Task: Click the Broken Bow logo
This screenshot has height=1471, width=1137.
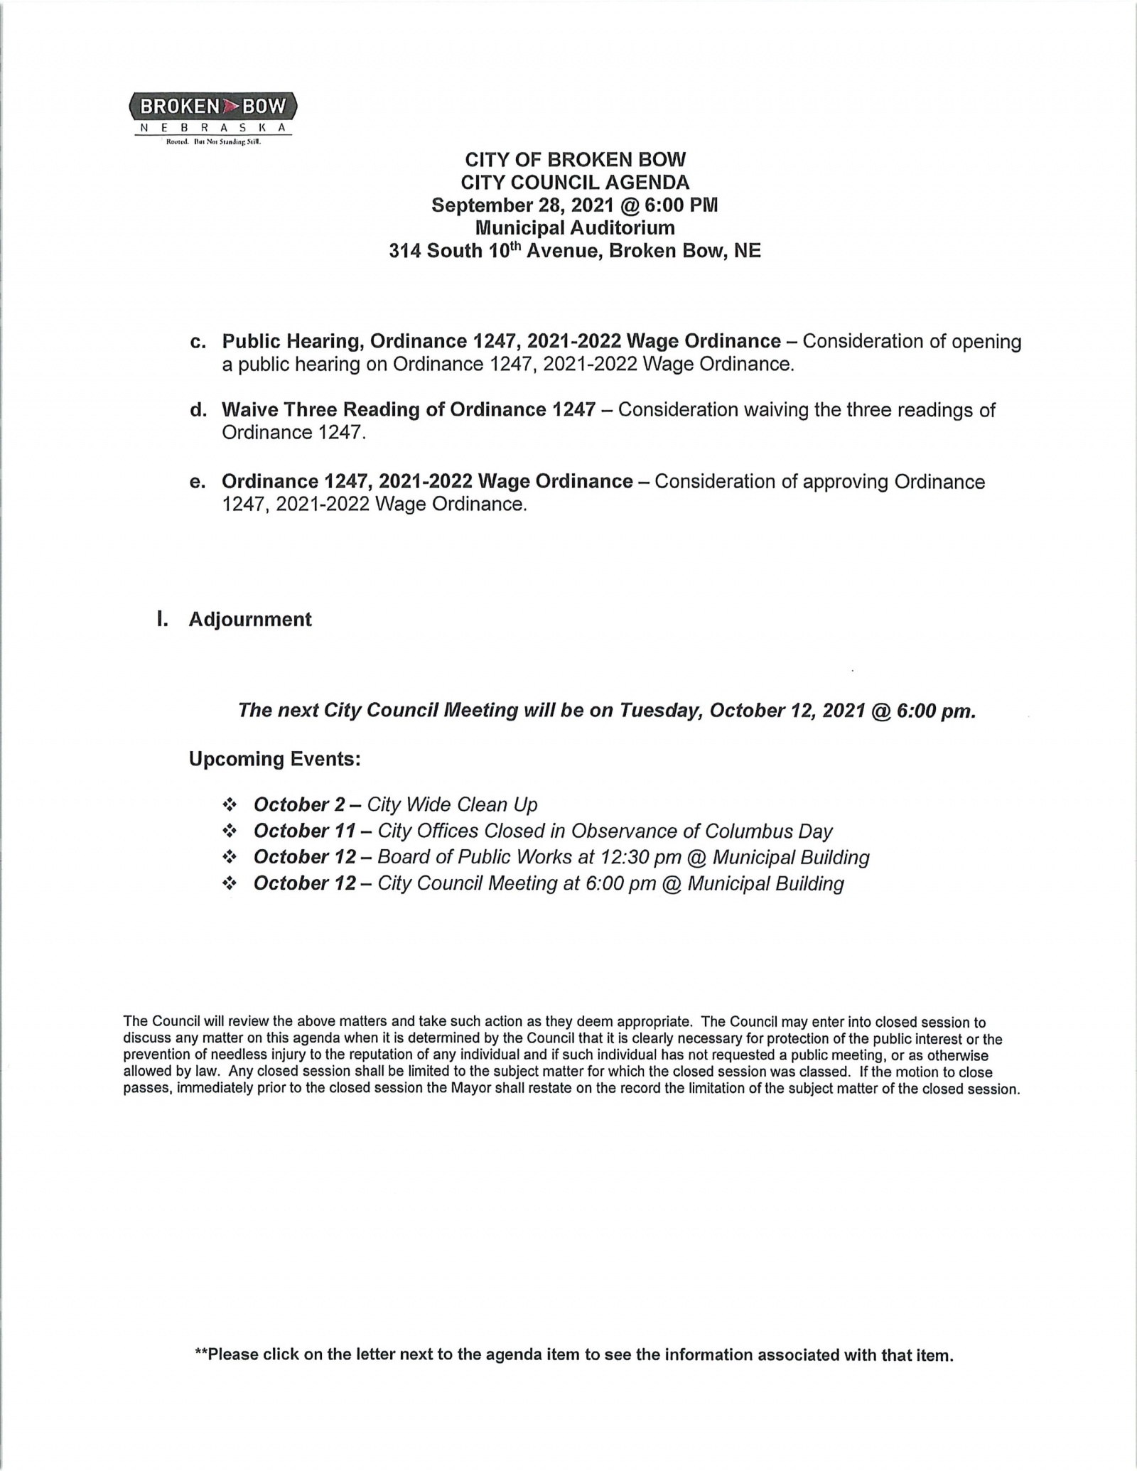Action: coord(213,116)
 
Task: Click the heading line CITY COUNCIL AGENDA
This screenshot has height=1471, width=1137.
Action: coord(575,183)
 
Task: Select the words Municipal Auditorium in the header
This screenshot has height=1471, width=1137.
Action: coord(575,228)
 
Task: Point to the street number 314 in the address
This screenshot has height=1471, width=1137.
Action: coord(405,251)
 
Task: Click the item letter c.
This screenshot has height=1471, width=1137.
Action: coord(198,342)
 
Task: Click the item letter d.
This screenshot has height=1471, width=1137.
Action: coord(198,410)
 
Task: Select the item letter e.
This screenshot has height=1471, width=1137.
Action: coord(198,482)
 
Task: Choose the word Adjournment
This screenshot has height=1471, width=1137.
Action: coord(250,620)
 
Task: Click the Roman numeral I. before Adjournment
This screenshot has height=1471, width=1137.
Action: coord(163,620)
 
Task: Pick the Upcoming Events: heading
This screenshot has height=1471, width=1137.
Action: coord(275,760)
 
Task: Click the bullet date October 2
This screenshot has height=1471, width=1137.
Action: coord(299,805)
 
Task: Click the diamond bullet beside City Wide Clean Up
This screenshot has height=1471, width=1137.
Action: coord(230,805)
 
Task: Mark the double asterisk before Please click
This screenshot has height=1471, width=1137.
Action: coord(201,1354)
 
